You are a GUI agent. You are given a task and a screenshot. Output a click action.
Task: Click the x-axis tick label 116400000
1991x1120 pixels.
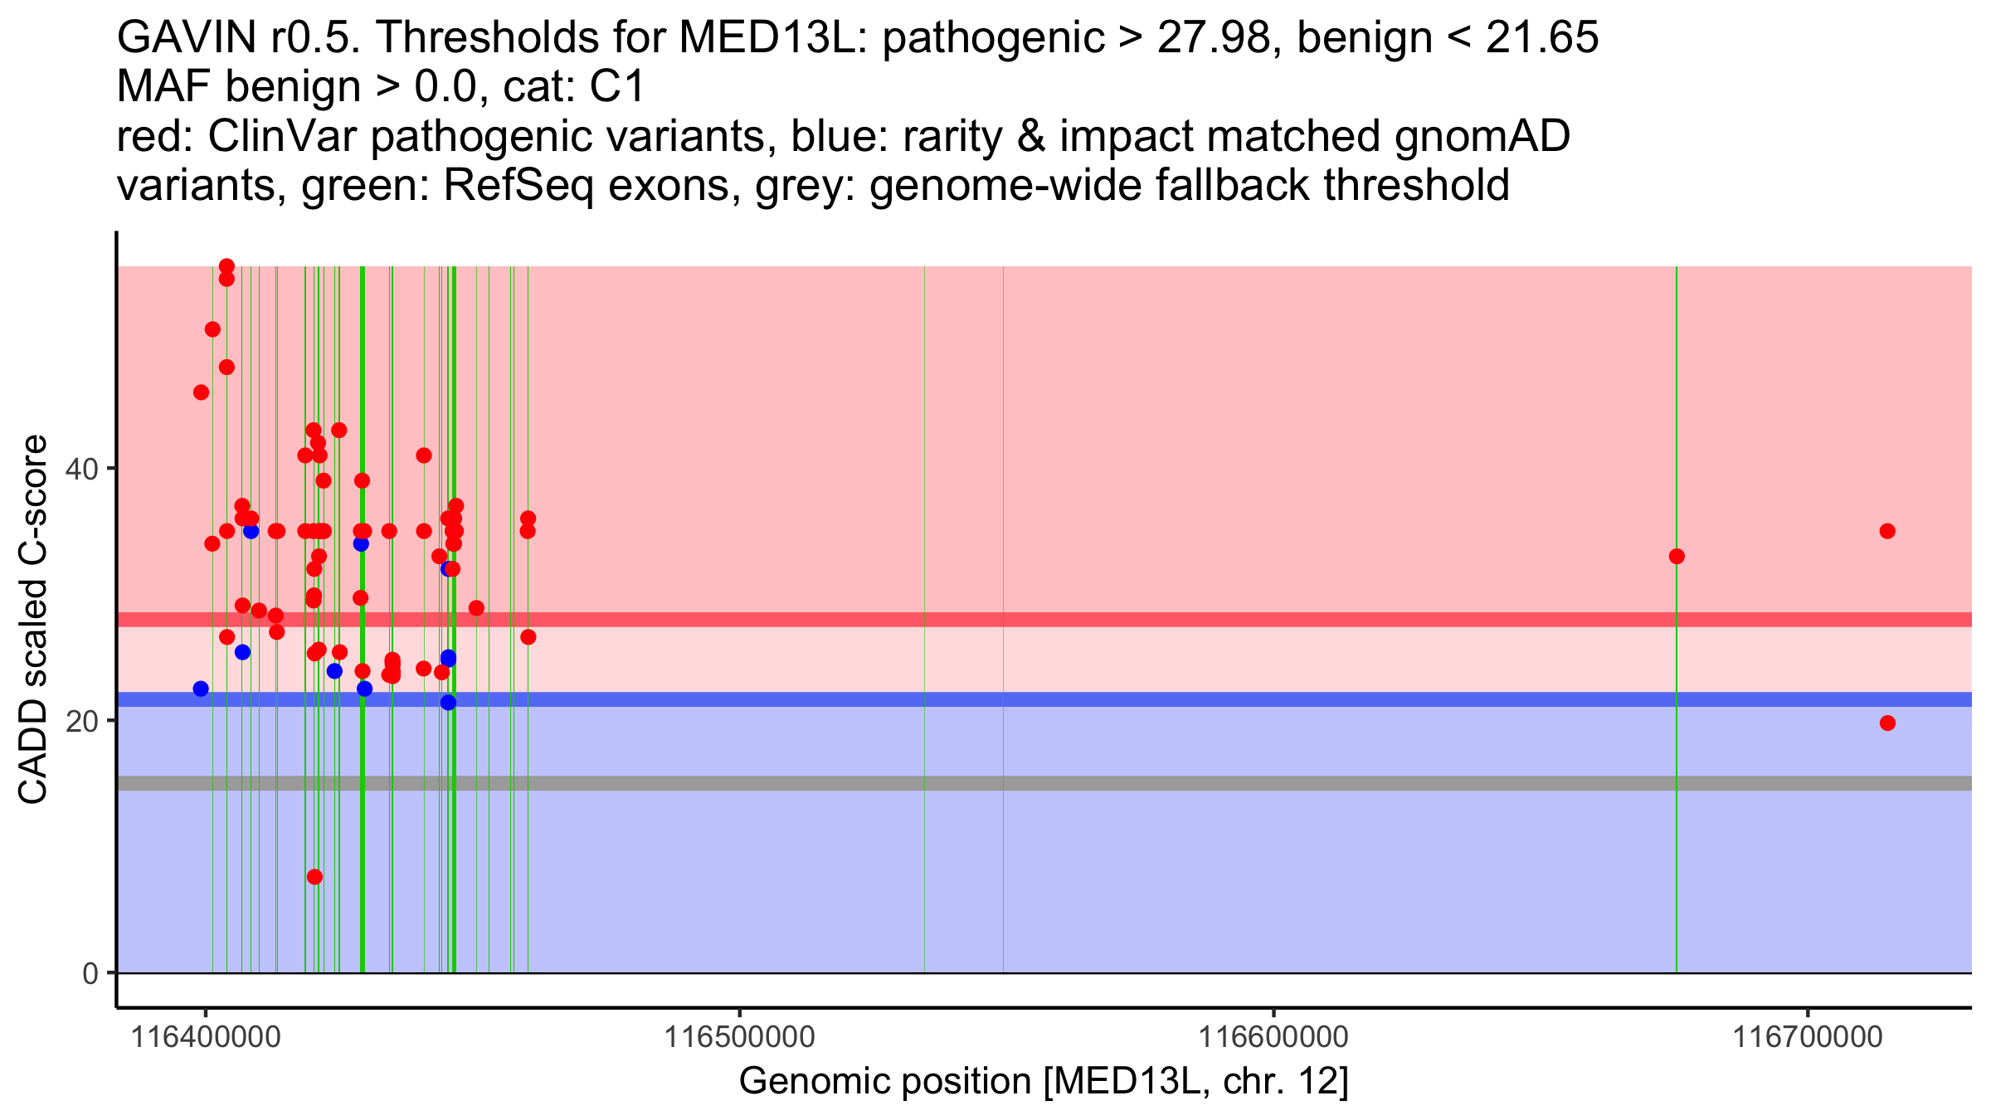(x=206, y=1037)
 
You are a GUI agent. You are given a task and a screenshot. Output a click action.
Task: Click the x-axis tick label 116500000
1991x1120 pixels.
(x=739, y=1037)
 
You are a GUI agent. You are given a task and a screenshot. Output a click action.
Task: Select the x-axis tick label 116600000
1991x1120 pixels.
(x=1273, y=1037)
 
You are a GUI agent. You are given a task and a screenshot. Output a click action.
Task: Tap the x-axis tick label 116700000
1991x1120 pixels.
(x=1807, y=1037)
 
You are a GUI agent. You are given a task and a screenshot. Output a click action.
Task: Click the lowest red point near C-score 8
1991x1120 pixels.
(x=314, y=877)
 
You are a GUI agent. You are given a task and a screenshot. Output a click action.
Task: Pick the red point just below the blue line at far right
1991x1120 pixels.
(x=1887, y=723)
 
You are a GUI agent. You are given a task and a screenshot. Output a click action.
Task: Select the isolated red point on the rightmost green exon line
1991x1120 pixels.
(x=1677, y=556)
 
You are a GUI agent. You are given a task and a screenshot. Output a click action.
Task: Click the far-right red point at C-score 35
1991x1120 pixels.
(x=1887, y=531)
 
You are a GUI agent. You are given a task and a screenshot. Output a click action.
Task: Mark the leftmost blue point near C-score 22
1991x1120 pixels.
(x=201, y=689)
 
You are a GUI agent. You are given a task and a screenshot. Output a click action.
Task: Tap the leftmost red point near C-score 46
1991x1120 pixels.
(x=201, y=392)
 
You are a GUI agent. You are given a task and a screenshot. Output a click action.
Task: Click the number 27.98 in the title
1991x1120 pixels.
(x=1212, y=38)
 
